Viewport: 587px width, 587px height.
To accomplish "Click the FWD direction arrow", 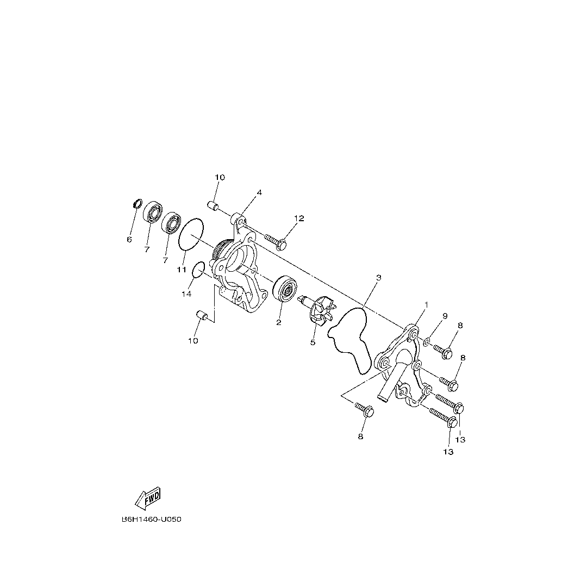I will (x=148, y=498).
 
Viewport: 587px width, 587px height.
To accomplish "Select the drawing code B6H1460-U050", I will (x=151, y=519).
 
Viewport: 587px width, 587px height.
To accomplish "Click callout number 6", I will (x=129, y=239).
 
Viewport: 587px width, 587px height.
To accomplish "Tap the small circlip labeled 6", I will (x=138, y=204).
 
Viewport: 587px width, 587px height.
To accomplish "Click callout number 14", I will (x=186, y=294).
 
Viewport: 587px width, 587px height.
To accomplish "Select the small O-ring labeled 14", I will (x=199, y=268).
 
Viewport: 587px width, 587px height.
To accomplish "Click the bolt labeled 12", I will (x=276, y=242).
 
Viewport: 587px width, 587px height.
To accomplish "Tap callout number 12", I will (x=299, y=218).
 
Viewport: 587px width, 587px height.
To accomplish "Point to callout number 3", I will (x=378, y=278).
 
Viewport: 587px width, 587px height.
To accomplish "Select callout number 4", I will (x=259, y=192).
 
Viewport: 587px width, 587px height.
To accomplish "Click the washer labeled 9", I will (x=427, y=341).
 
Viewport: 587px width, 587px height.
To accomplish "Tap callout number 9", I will (x=444, y=316).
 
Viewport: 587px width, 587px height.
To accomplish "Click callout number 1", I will (x=427, y=305).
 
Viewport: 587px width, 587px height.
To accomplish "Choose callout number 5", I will (x=313, y=342).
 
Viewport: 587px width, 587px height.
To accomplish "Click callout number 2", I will (x=279, y=322).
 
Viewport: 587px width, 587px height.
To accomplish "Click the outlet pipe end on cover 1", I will (x=384, y=399).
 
